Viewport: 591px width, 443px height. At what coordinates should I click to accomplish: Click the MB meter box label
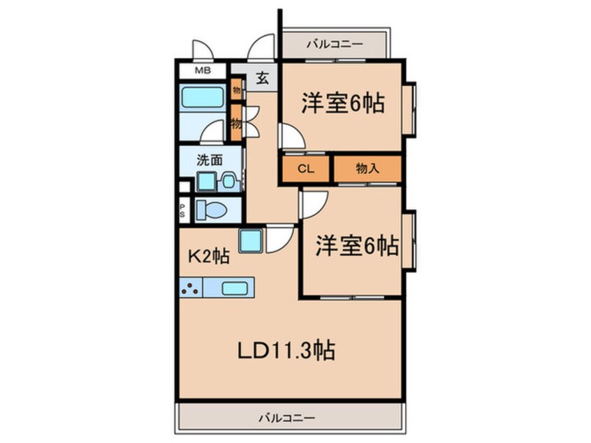[x=201, y=71]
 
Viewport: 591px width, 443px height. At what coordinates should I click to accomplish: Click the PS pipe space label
[x=183, y=210]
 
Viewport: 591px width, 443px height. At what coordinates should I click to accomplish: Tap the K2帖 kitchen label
[x=207, y=256]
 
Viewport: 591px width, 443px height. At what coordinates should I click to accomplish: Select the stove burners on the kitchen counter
[x=191, y=286]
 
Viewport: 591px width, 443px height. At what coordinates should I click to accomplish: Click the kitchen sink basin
[x=236, y=286]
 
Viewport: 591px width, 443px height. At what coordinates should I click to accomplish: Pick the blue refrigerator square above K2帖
[x=251, y=240]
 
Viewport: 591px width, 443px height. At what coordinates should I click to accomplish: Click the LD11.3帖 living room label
[x=286, y=349]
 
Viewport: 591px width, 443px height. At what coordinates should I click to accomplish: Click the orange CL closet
[x=306, y=168]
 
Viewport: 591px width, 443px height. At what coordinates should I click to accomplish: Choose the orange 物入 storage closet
[x=367, y=168]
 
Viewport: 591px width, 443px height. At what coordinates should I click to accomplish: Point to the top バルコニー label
[x=334, y=45]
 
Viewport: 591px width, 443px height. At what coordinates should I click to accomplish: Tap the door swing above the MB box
[x=203, y=50]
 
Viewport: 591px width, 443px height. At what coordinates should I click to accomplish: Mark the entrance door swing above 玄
[x=263, y=49]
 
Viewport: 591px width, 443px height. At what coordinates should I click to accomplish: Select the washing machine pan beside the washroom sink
[x=206, y=181]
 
